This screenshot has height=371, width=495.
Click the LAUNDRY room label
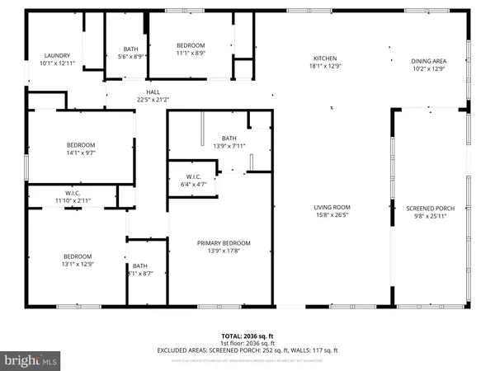pyautogui.click(x=58, y=55)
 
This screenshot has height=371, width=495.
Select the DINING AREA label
pyautogui.click(x=428, y=60)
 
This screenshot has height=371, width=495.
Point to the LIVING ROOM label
pyautogui.click(x=332, y=208)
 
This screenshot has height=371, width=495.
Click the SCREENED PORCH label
pyautogui.click(x=431, y=208)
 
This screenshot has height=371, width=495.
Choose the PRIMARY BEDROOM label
pyautogui.click(x=223, y=243)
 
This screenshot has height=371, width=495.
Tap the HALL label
pyautogui.click(x=153, y=92)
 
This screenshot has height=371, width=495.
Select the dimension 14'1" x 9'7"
pyautogui.click(x=82, y=152)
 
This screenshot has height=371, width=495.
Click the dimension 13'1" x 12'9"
pyautogui.click(x=78, y=264)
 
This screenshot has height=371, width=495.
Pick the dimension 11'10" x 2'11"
pyautogui.click(x=72, y=200)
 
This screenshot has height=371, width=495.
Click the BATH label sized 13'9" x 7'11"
pyautogui.click(x=229, y=138)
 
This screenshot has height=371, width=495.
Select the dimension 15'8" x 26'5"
pyautogui.click(x=332, y=216)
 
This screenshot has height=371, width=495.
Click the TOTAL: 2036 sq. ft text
pyautogui.click(x=247, y=336)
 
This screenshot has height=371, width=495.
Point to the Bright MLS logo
pyautogui.click(x=31, y=360)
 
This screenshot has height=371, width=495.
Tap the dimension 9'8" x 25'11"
pyautogui.click(x=431, y=216)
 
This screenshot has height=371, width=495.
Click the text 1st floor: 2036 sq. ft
pyautogui.click(x=247, y=343)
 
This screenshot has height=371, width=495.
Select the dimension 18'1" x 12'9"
pyautogui.click(x=325, y=67)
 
